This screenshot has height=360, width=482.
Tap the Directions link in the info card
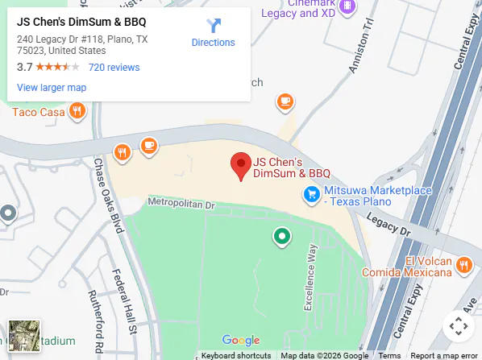pos(214,33)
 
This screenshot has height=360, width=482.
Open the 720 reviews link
pos(114,68)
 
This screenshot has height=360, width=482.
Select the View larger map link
pos(52,87)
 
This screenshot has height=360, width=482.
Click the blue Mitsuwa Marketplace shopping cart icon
pos(311,193)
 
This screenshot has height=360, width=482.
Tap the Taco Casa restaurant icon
pos(77,111)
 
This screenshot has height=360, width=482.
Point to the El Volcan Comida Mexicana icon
pos(464,265)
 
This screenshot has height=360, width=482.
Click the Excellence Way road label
pos(309,277)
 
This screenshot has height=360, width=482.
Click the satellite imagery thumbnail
pos(24,336)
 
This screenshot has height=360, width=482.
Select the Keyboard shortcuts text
pos(236,355)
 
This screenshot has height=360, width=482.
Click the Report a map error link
pos(443,355)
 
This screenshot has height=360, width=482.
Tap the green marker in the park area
pos(281,236)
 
